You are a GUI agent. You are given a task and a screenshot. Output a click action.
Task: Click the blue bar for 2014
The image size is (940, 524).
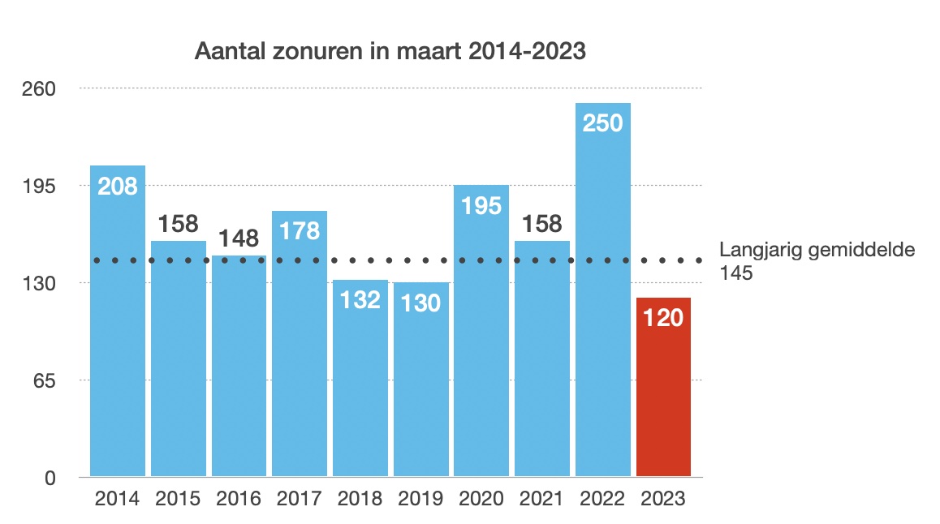[x=118, y=341]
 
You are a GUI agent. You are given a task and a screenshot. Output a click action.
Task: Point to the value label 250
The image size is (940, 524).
[x=603, y=123]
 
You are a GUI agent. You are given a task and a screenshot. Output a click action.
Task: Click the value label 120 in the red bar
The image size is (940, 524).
[x=663, y=318]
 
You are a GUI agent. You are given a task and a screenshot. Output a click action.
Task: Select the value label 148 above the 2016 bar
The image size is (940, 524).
[x=239, y=239]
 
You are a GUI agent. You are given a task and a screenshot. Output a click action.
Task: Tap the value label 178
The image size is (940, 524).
[x=300, y=231]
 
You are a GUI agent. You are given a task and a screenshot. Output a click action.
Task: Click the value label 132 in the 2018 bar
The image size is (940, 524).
[x=360, y=300]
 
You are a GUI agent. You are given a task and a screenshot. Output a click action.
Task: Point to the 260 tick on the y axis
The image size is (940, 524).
[x=38, y=88]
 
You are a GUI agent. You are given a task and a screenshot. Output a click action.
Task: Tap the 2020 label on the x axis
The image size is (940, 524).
[x=481, y=499]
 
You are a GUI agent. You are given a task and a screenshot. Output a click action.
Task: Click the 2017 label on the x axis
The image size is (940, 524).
[x=300, y=499]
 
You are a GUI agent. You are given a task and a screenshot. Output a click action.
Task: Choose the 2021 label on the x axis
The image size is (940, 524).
[x=542, y=499]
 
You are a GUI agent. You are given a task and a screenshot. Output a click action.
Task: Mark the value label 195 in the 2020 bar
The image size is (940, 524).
[x=481, y=205]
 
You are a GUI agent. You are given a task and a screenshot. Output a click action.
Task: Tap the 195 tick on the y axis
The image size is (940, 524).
[x=38, y=186]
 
